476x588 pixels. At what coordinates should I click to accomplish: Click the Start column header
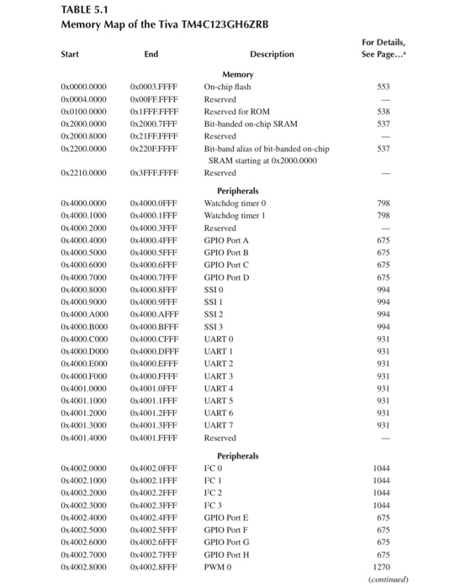(x=71, y=55)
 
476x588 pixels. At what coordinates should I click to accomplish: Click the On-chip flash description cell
(x=228, y=87)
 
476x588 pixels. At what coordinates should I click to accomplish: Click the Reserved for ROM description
(x=238, y=111)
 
